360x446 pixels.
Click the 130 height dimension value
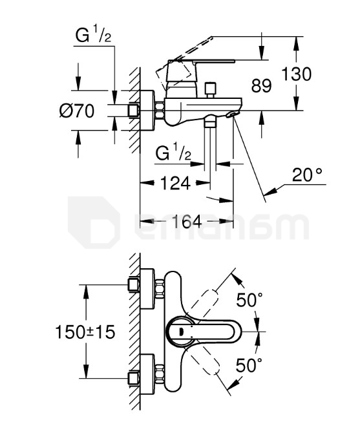click(x=296, y=74)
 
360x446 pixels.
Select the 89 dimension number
click(x=261, y=86)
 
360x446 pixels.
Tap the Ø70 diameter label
click(x=77, y=111)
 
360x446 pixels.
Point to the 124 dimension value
click(x=175, y=183)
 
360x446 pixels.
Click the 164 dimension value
click(x=187, y=221)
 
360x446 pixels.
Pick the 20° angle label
click(x=307, y=175)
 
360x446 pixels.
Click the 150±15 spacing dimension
click(x=85, y=332)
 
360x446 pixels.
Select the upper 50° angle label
click(x=249, y=299)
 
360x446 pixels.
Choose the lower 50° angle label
click(x=249, y=365)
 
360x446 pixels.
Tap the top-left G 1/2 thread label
click(x=93, y=34)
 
